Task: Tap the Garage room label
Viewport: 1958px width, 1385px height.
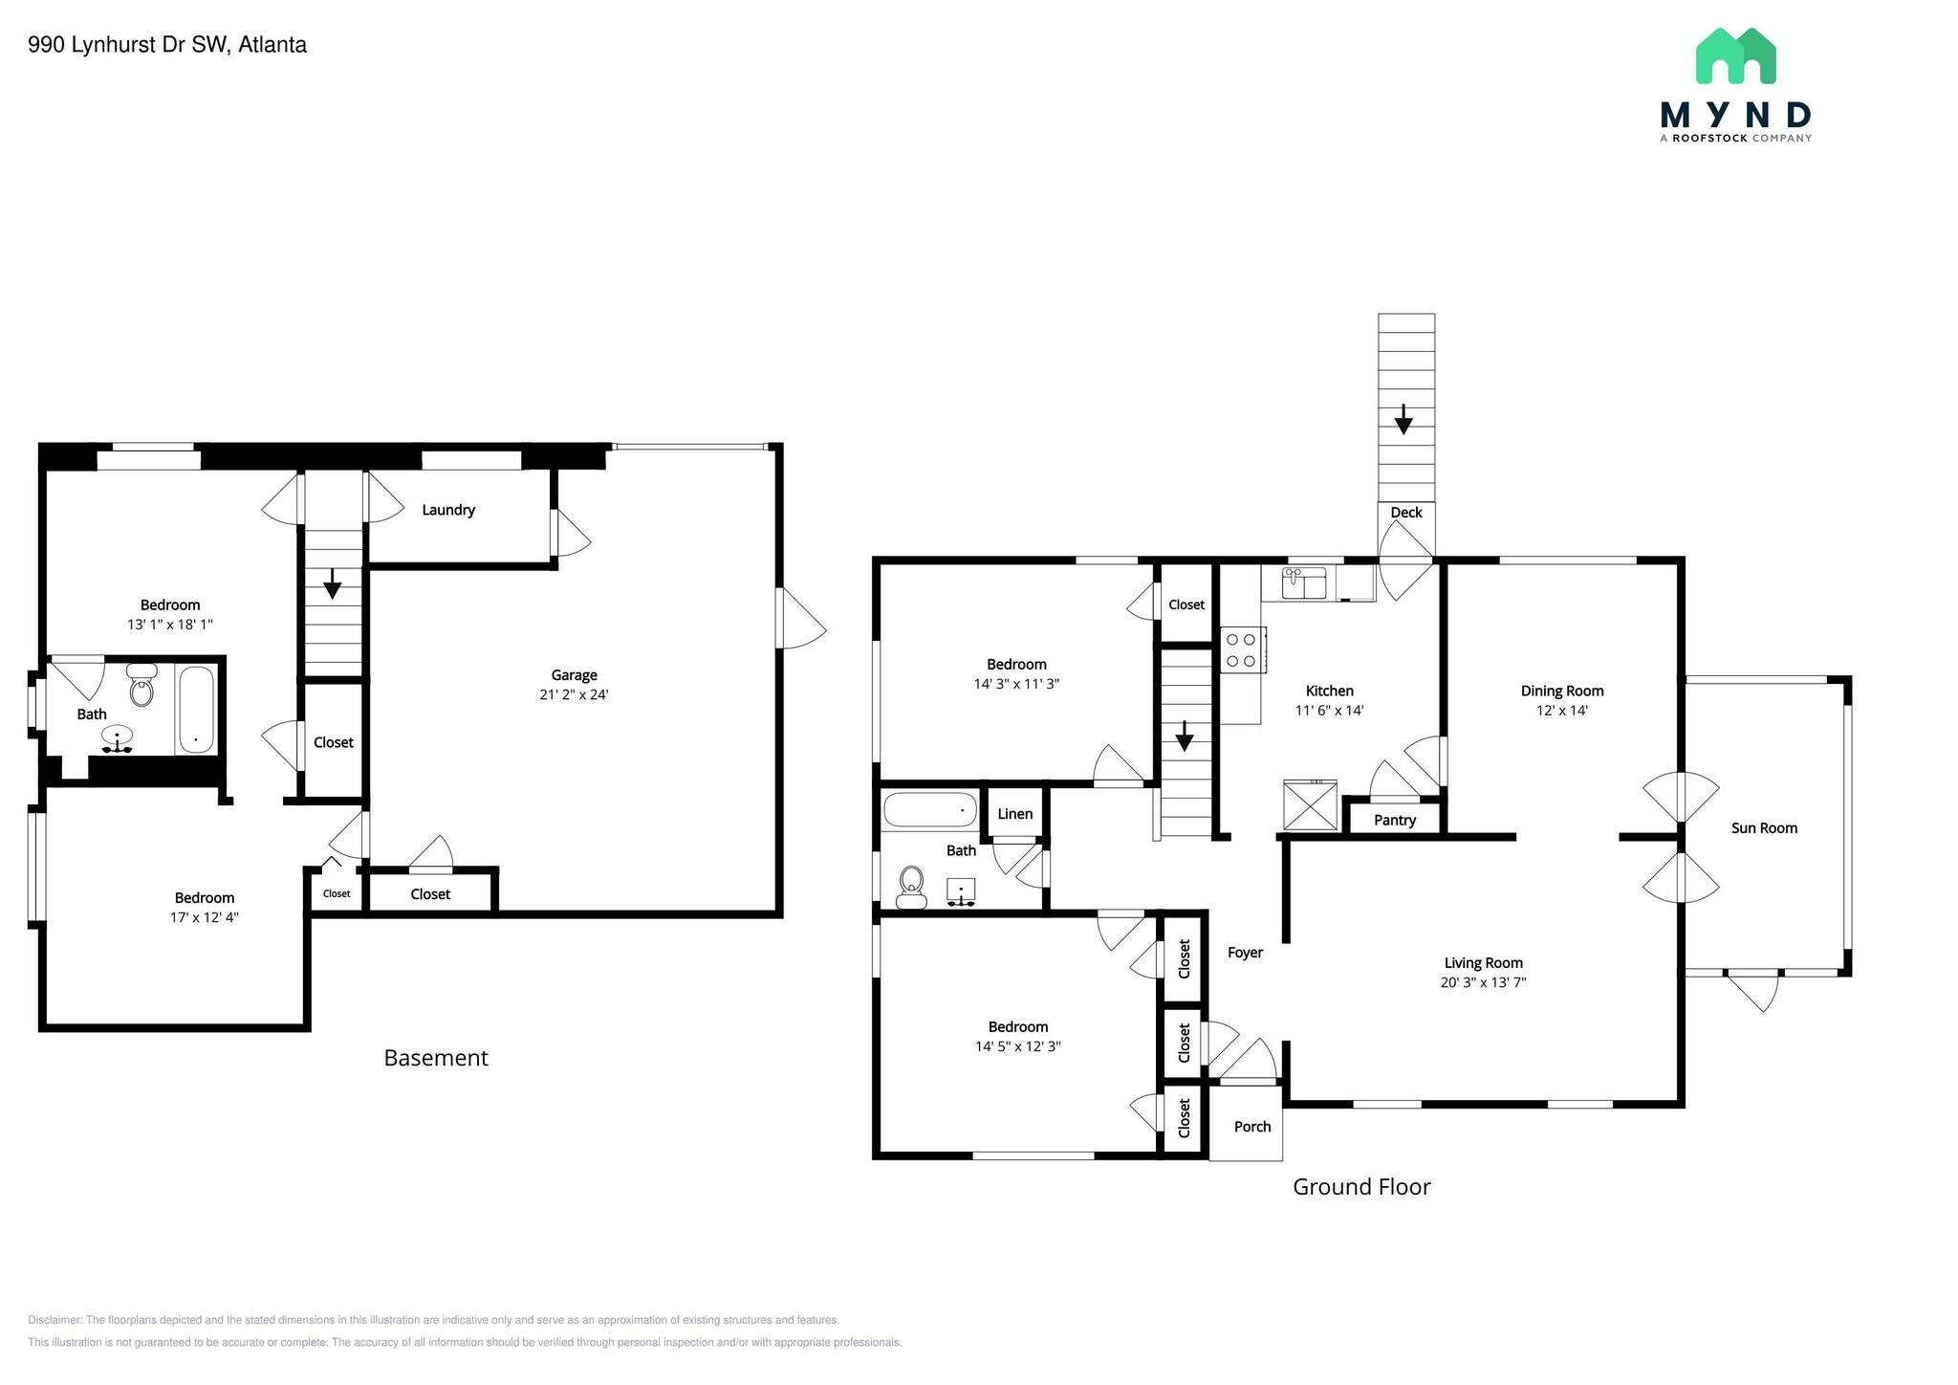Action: coord(574,675)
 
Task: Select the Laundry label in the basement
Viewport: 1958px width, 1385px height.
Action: coord(448,510)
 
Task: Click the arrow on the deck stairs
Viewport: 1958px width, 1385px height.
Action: coord(1403,419)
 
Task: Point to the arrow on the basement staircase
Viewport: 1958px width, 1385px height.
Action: coord(332,583)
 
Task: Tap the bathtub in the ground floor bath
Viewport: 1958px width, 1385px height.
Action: coord(929,810)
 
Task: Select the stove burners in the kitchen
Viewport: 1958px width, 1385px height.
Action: coord(1241,649)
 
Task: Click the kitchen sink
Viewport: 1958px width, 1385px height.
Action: coord(1303,583)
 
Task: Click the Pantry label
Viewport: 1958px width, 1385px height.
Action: coord(1394,820)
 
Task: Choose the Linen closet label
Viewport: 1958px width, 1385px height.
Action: coord(1014,814)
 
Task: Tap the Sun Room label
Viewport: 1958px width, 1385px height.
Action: coord(1764,828)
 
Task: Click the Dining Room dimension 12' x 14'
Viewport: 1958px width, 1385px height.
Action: coord(1561,711)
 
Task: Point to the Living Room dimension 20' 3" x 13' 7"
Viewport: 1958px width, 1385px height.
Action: coord(1483,982)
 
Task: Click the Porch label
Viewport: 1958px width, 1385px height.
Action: coord(1251,1127)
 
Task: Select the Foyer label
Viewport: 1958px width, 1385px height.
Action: coord(1245,953)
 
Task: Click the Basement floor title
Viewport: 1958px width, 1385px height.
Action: coord(436,1058)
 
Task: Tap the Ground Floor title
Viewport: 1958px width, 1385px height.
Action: coord(1361,1187)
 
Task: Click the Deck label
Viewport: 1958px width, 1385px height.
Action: coord(1405,513)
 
